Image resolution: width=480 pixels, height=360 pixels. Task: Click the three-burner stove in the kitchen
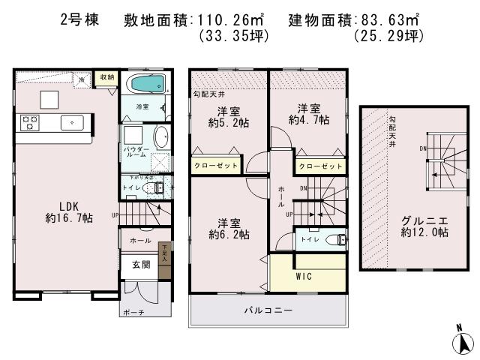(x=30, y=121)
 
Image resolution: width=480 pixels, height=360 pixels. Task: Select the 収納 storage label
(x=106, y=77)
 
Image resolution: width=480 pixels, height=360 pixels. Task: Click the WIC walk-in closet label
(x=304, y=276)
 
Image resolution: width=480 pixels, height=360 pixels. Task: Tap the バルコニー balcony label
(x=267, y=310)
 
